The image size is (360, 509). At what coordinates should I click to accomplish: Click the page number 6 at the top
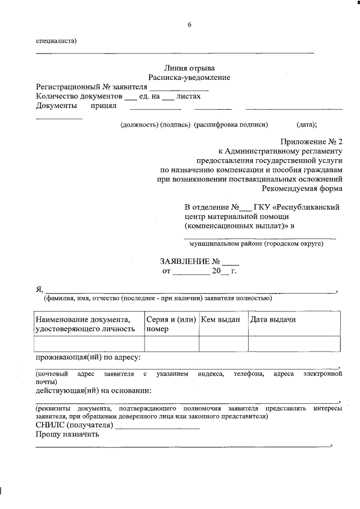(190, 25)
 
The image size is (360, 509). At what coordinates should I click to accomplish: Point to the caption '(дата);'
(307, 125)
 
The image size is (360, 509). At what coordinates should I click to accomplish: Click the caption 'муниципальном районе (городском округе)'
(256, 244)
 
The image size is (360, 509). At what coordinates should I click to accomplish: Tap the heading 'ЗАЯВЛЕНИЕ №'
(191, 262)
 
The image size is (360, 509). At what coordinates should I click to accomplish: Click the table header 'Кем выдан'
(221, 319)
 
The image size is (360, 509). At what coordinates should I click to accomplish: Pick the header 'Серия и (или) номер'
(170, 324)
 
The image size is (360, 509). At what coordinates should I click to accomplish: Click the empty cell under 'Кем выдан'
(223, 343)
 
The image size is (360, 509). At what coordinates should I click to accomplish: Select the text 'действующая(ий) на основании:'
(93, 390)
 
